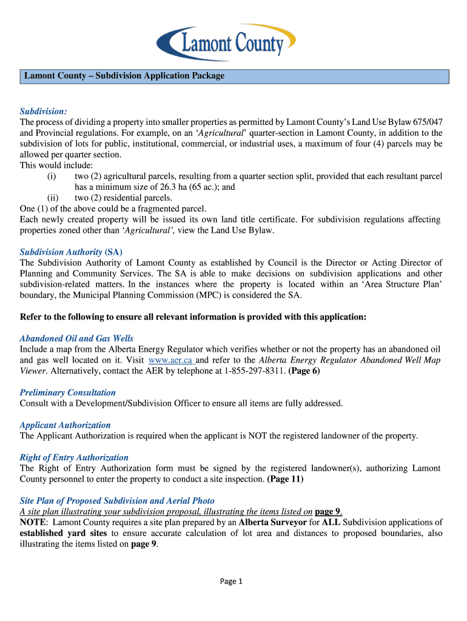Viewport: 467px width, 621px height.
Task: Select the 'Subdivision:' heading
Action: pos(43,112)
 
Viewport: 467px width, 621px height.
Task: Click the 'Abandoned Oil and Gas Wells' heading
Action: pos(76,338)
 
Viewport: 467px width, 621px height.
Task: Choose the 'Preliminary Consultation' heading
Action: pos(67,392)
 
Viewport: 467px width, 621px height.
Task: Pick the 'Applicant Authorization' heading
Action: pos(65,425)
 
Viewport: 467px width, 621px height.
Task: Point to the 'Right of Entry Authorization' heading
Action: pos(74,457)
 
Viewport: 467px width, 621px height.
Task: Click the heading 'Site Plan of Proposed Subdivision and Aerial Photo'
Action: pos(117,501)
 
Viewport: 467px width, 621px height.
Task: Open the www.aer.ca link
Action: pos(170,360)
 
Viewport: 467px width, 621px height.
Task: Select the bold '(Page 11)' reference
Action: pos(285,479)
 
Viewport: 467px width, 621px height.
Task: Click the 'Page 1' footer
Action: pos(231,582)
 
